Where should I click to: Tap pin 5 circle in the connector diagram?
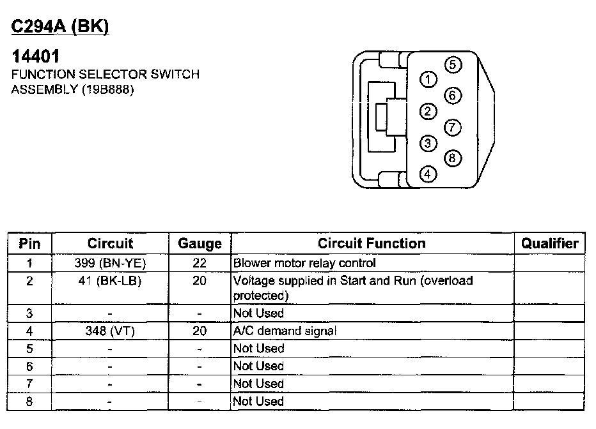tap(451, 64)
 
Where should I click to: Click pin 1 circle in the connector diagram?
tap(427, 80)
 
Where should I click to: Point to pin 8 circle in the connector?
tap(451, 158)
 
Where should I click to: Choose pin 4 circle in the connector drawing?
tap(427, 174)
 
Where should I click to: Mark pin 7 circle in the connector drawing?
tap(451, 127)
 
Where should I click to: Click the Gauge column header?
tap(200, 243)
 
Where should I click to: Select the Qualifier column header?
tap(549, 243)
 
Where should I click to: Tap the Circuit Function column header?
tap(372, 243)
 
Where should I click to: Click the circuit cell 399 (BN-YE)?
tap(110, 262)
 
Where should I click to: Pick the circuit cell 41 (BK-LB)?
tap(110, 280)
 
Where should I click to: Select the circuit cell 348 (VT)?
tap(110, 331)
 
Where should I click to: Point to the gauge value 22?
tap(200, 262)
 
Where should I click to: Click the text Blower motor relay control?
tap(304, 262)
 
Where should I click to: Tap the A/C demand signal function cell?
tap(285, 331)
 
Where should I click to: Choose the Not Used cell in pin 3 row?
tap(258, 313)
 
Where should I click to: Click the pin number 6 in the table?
tap(29, 366)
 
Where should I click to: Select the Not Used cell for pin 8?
tap(258, 401)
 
